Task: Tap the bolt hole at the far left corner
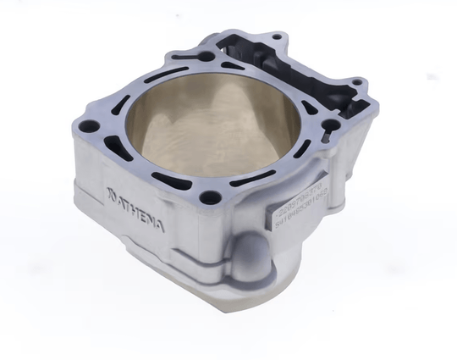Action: coord(91,127)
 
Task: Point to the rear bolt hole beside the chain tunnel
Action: coord(206,57)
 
